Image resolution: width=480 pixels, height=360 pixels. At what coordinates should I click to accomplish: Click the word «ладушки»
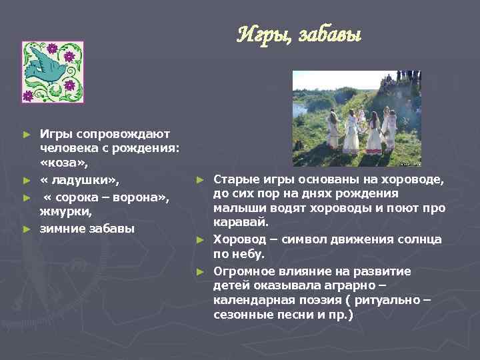(x=79, y=180)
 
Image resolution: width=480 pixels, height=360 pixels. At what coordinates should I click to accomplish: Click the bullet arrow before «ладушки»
(x=26, y=181)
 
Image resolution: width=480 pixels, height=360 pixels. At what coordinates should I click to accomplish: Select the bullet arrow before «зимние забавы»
(x=26, y=229)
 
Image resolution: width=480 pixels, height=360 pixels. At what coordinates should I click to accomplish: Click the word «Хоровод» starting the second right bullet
(x=239, y=239)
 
